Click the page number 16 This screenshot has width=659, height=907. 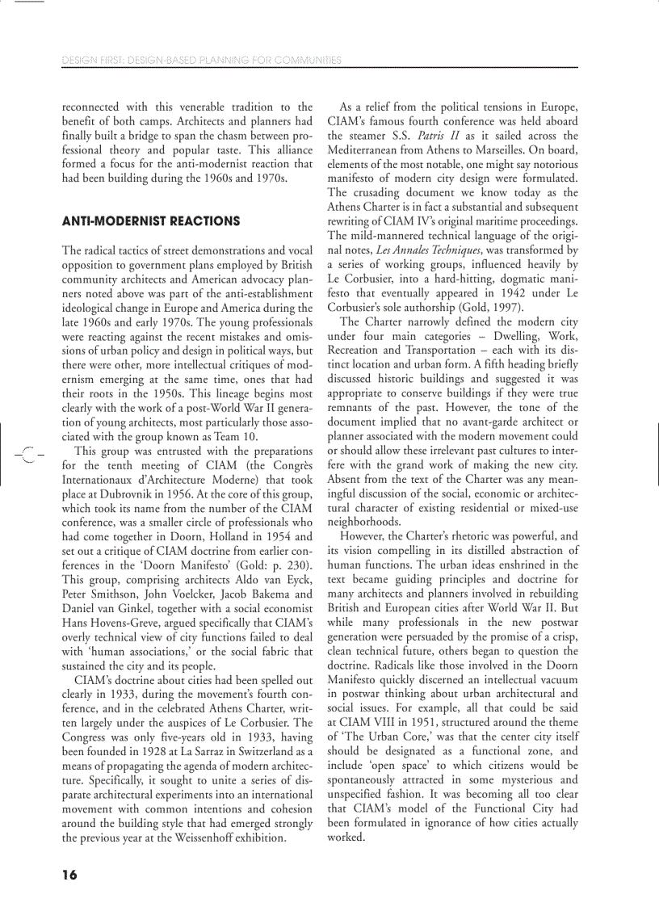pos(69,876)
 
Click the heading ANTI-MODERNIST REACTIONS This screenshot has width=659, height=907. pos(151,221)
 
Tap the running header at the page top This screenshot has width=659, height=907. pos(202,60)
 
